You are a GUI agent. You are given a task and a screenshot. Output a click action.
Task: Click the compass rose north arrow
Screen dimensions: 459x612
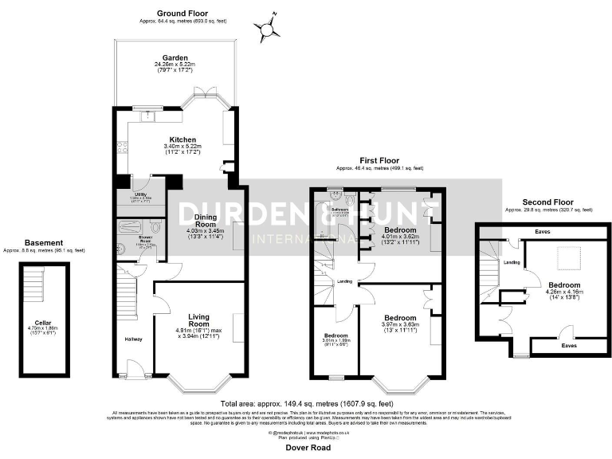pos(269,29)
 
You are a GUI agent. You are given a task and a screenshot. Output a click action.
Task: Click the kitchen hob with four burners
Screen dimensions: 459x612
pos(123,146)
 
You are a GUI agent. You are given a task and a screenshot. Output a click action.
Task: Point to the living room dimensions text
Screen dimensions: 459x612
pos(193,332)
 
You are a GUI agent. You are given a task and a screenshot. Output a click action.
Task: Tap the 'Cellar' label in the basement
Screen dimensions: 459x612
pos(44,323)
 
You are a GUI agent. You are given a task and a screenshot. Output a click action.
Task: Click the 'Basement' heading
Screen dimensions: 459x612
pos(45,242)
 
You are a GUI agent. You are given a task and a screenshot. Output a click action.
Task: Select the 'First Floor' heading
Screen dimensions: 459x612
pos(379,162)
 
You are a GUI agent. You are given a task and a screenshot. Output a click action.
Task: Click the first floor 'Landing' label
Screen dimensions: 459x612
pos(345,280)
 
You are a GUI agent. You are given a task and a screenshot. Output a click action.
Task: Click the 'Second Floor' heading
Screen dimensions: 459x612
pos(547,202)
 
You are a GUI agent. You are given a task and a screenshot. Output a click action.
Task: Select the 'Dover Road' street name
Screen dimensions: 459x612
pos(307,448)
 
